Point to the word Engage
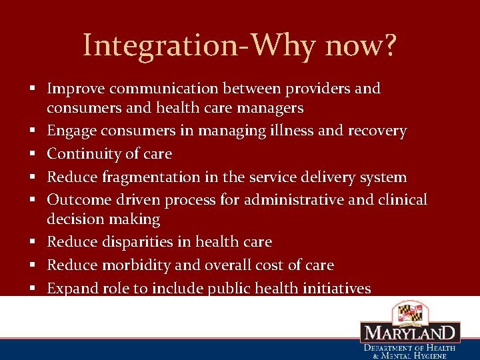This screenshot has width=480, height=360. click(71, 131)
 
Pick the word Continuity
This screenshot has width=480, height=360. click(81, 154)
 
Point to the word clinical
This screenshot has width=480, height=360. click(401, 200)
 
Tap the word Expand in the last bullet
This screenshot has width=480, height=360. click(71, 289)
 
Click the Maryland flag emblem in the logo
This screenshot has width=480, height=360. click(409, 311)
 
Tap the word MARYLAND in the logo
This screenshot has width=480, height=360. click(410, 333)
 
